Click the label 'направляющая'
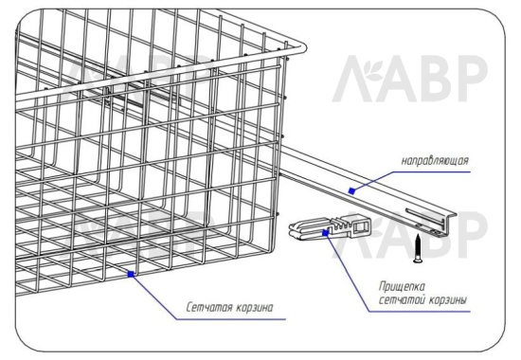coord(435,161)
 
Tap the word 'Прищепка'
coord(402,287)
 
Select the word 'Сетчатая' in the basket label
coord(208,307)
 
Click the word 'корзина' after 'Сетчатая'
coord(255,308)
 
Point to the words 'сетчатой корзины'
coord(423,300)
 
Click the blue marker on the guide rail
coord(351,190)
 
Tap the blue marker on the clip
coord(326,233)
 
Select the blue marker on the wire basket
coord(132,274)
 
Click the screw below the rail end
coord(419,248)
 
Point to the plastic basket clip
coord(330,228)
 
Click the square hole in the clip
coord(360,227)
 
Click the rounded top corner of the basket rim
coord(302,47)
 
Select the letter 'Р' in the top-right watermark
coord(472,79)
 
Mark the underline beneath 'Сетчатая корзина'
coord(231,319)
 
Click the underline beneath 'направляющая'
coord(431,171)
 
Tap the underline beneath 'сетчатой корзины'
coord(420,312)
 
